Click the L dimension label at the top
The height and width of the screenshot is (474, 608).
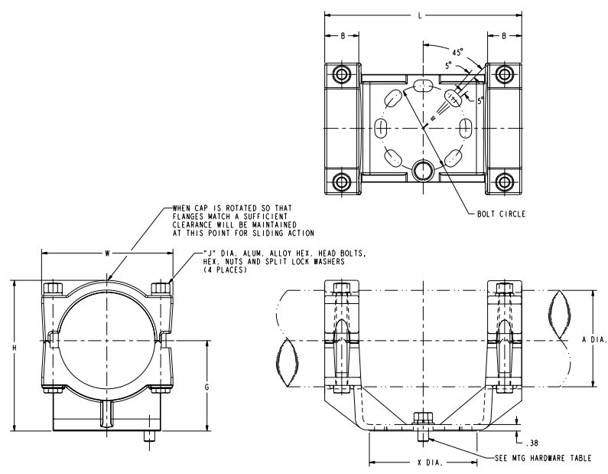pyautogui.click(x=420, y=15)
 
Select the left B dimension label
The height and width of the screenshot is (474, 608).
pyautogui.click(x=343, y=35)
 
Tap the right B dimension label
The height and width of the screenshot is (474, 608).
pyautogui.click(x=504, y=35)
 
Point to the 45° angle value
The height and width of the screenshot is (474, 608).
pyautogui.click(x=458, y=53)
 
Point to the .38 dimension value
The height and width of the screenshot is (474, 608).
pyautogui.click(x=532, y=442)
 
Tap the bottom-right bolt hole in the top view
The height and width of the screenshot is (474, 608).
pyautogui.click(x=502, y=181)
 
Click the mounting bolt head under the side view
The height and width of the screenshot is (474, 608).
pyautogui.click(x=421, y=419)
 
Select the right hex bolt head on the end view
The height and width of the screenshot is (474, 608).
pyautogui.click(x=161, y=288)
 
